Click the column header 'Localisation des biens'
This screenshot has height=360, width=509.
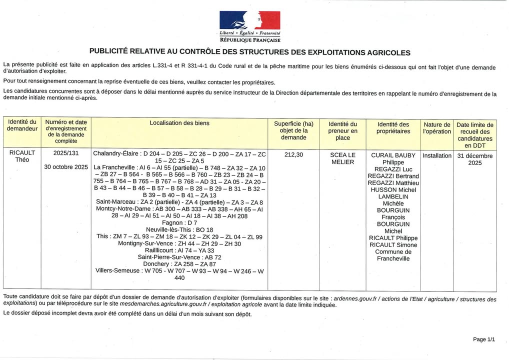(x=179, y=123)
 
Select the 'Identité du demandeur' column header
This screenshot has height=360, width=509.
(x=22, y=125)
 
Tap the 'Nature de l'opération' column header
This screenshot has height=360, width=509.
(x=436, y=128)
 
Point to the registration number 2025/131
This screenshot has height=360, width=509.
(x=66, y=154)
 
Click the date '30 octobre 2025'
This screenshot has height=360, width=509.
(x=66, y=167)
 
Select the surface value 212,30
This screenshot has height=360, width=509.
(x=293, y=155)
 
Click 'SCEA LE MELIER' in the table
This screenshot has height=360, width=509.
(x=342, y=158)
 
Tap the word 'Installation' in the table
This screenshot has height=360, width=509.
(x=436, y=155)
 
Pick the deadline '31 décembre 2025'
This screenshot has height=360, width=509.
(x=474, y=159)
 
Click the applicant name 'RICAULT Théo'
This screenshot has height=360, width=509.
(x=22, y=156)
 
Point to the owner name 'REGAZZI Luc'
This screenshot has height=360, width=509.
(x=393, y=169)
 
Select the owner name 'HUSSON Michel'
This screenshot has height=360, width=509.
(x=393, y=190)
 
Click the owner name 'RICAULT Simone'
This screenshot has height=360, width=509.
(x=393, y=245)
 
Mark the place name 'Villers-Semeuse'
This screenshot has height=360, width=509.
(x=118, y=270)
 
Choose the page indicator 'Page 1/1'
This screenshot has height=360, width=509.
(x=483, y=339)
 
